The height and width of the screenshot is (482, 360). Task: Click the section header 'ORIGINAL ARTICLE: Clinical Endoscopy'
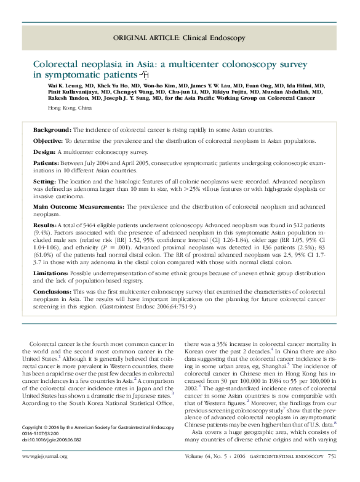(178, 38)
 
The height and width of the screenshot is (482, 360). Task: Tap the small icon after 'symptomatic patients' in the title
(145, 75)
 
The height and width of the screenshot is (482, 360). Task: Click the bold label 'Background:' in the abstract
(52, 131)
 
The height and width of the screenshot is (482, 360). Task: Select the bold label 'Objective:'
(49, 141)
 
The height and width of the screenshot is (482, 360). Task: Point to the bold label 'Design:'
(45, 151)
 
